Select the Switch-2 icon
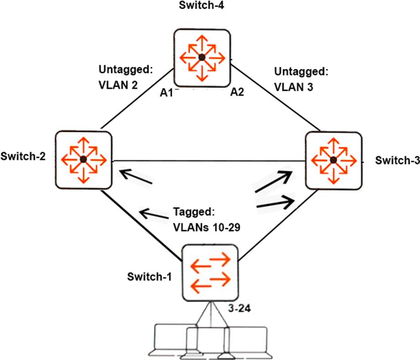[83, 159]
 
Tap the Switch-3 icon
[333, 159]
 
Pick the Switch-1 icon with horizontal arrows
[210, 272]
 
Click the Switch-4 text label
[201, 6]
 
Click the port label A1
[167, 93]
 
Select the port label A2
[237, 93]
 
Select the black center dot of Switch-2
[83, 159]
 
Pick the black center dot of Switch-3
[333, 159]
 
